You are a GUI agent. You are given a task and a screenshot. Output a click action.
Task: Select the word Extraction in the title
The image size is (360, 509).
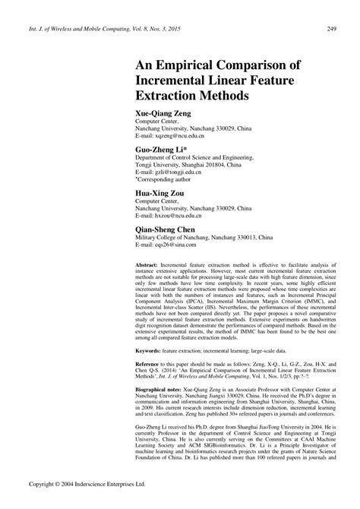(x=171, y=98)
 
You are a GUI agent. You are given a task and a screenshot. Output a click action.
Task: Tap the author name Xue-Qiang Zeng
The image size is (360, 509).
(x=161, y=112)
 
